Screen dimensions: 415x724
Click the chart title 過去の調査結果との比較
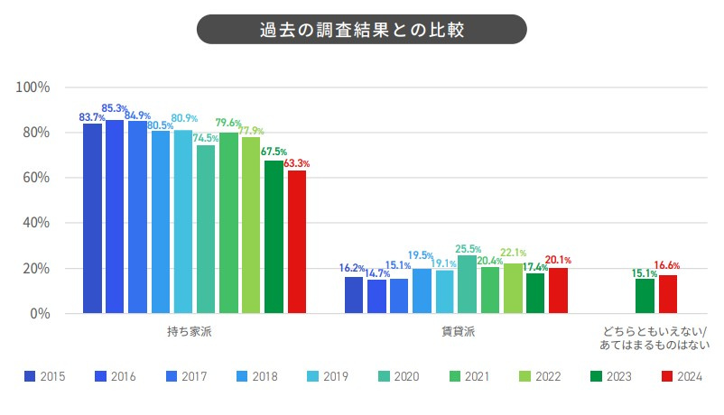click(361, 29)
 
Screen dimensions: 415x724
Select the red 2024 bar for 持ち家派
click(296, 242)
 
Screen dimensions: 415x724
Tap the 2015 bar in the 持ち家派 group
click(92, 218)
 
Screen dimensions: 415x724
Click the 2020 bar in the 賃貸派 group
click(467, 285)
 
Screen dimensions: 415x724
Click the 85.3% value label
click(114, 109)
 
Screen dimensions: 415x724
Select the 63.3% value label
click(297, 164)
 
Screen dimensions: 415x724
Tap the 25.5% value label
click(468, 249)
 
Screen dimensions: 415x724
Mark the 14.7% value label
click(376, 273)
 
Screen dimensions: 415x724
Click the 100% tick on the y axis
click(33, 88)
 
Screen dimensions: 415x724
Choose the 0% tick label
click(40, 314)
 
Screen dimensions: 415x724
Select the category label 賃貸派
click(458, 332)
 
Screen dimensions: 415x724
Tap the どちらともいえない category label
click(654, 338)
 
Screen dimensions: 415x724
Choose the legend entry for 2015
click(45, 376)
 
